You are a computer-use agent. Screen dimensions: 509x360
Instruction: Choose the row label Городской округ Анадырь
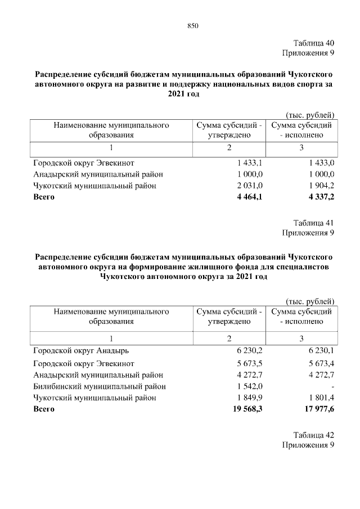pos(81,352)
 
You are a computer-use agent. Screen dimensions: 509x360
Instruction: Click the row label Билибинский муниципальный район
pos(100,386)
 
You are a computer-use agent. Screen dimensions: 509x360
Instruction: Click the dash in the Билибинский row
pos(333,387)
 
